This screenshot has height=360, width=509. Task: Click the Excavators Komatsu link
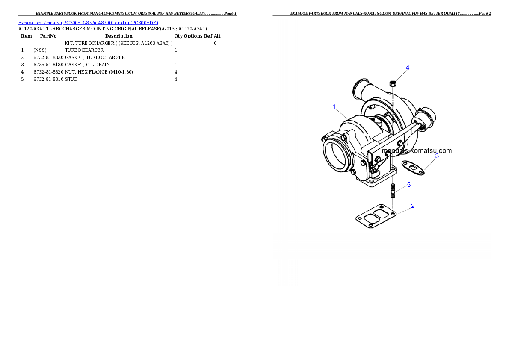tap(40, 23)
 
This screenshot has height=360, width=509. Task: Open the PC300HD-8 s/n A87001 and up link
tap(110, 23)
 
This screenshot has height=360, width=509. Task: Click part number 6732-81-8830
tap(48, 57)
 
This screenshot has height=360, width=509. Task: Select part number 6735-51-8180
tap(48, 65)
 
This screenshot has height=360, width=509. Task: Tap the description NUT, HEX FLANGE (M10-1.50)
tap(99, 72)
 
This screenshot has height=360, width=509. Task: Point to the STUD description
tap(71, 79)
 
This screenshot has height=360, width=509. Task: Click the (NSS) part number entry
tap(40, 50)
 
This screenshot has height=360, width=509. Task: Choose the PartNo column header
tap(48, 36)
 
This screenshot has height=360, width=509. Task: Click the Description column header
tap(119, 36)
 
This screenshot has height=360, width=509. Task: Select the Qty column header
tap(178, 36)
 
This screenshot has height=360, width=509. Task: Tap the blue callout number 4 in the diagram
tap(408, 68)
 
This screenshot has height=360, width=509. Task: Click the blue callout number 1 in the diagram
tap(334, 107)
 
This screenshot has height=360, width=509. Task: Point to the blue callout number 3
tap(437, 156)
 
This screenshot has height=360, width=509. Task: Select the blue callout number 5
tap(408, 185)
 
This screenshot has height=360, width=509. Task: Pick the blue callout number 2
tap(413, 206)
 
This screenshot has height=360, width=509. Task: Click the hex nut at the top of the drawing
tap(393, 83)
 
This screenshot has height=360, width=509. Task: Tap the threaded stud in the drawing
tap(393, 191)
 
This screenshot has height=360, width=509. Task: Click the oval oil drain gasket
tap(413, 168)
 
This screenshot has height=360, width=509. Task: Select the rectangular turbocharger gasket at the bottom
tap(376, 216)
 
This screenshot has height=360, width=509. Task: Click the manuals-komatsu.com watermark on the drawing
tap(417, 151)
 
